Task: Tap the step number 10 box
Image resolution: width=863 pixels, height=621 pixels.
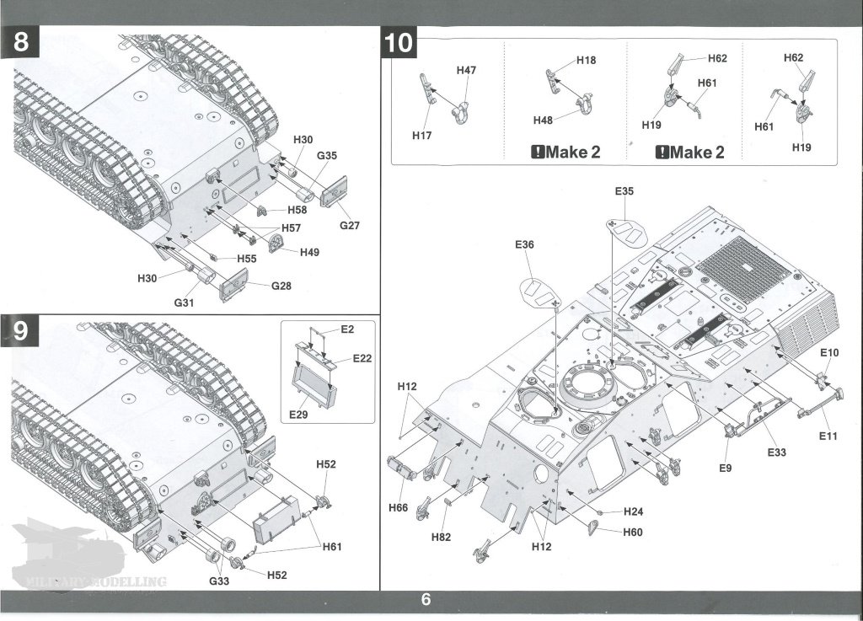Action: [399, 42]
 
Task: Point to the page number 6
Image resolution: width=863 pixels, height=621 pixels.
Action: [426, 600]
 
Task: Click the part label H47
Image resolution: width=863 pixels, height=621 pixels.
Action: [466, 71]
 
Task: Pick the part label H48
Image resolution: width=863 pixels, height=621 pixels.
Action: [544, 120]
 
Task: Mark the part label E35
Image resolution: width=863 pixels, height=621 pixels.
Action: [624, 192]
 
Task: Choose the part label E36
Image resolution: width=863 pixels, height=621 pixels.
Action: [524, 245]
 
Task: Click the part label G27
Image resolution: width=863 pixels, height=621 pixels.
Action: [350, 226]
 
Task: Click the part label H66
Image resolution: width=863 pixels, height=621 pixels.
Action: [399, 508]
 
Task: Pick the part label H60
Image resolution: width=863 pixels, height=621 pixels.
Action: [633, 532]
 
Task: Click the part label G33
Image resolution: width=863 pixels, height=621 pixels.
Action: [218, 581]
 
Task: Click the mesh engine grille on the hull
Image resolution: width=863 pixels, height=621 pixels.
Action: [742, 272]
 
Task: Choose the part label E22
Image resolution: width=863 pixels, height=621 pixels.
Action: [362, 358]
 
